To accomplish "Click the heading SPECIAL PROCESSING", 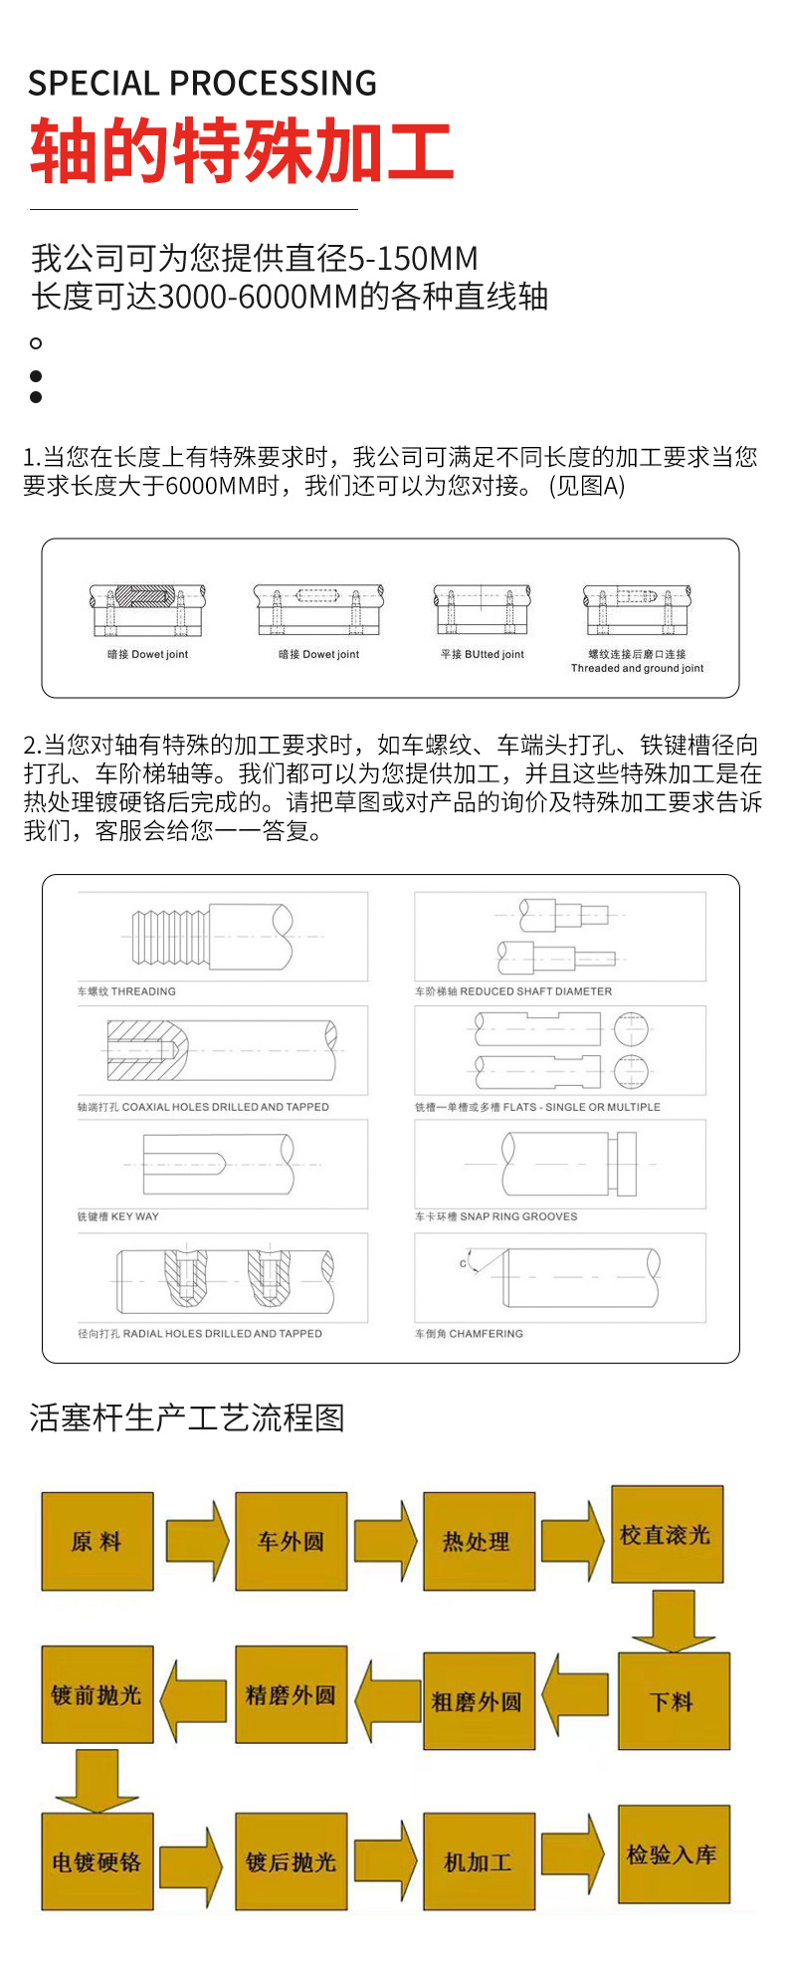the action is [202, 84].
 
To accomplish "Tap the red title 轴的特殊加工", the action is [242, 151].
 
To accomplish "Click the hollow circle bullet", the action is [36, 343].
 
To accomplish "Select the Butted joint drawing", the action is [482, 610].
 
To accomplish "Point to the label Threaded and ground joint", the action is [637, 669].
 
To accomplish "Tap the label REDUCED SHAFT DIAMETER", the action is [513, 991].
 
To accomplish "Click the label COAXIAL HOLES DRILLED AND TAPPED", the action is [203, 1107].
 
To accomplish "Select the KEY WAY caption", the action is [118, 1216].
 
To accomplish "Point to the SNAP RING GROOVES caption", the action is [495, 1216].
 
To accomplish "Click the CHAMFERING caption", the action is [469, 1333].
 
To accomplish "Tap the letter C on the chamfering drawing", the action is [463, 1264].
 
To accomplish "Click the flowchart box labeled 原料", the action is [98, 1541].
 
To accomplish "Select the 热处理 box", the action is [479, 1541].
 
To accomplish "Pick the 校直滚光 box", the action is [667, 1535].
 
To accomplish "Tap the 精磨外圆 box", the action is [291, 1694].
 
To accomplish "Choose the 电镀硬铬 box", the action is [98, 1861].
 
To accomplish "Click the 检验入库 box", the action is [674, 1854].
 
